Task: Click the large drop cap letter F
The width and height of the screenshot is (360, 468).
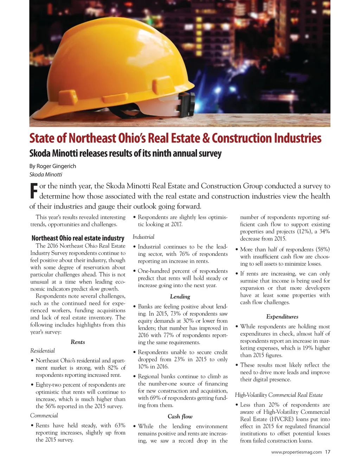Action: pyautogui.click(x=33, y=191)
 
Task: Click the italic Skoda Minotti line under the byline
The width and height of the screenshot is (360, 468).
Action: pyautogui.click(x=46, y=175)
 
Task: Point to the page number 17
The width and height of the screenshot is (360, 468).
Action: pyautogui.click(x=328, y=452)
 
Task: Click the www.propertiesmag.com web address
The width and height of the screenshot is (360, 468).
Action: pyautogui.click(x=296, y=452)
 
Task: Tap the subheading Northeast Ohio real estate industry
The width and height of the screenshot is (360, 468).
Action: pyautogui.click(x=78, y=238)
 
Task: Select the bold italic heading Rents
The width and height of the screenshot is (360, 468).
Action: pyautogui.click(x=78, y=342)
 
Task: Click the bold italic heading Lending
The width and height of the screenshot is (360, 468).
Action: pyautogui.click(x=180, y=297)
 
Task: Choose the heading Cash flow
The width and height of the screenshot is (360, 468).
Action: pyautogui.click(x=180, y=417)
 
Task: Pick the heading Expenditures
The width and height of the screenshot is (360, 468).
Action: pyautogui.click(x=282, y=317)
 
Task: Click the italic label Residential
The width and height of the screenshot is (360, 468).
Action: pyautogui.click(x=43, y=351)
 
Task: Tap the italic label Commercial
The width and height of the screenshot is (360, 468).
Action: pyautogui.click(x=44, y=416)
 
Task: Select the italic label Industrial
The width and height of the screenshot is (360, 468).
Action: pyautogui.click(x=143, y=237)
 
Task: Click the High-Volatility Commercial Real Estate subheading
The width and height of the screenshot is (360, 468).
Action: pyautogui.click(x=279, y=395)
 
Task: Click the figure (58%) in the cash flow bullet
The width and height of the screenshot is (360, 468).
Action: pyautogui.click(x=322, y=249)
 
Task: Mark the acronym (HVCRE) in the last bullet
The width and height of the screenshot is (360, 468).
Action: pyautogui.click(x=284, y=419)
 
